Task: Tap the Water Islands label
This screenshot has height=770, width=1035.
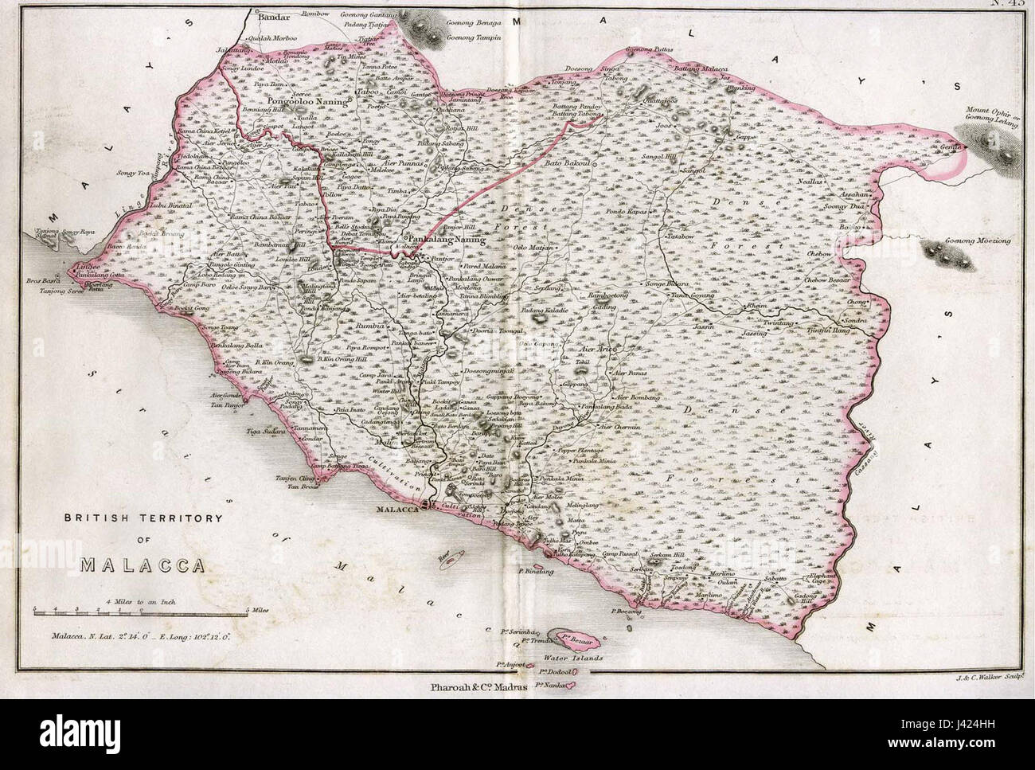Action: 573,659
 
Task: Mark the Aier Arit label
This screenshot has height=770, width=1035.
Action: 595,349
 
